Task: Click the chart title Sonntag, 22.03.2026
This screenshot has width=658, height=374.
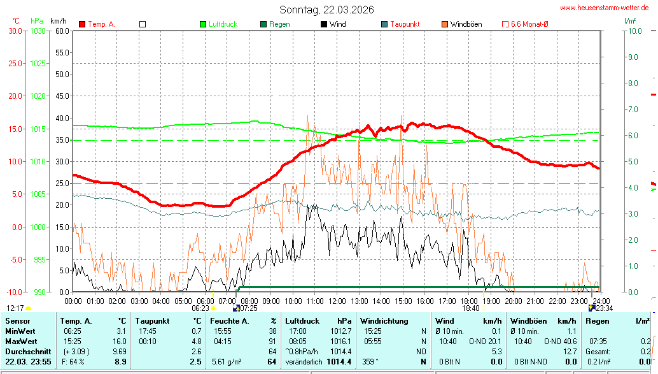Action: [326, 10]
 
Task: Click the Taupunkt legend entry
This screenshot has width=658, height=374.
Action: [404, 24]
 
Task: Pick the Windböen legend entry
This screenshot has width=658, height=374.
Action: [466, 24]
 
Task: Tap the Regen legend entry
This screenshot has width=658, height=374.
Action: [279, 24]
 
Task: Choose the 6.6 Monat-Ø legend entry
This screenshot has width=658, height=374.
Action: [529, 24]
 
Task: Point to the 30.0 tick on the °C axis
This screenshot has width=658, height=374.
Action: [15, 31]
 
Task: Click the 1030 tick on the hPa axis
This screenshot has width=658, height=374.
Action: [38, 31]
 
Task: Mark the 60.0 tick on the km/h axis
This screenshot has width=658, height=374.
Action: [62, 31]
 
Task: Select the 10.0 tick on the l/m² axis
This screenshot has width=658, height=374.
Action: [633, 31]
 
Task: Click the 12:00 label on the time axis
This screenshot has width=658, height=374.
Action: [337, 301]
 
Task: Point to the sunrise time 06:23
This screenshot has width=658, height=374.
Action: [200, 308]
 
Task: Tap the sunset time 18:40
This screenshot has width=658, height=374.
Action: [471, 308]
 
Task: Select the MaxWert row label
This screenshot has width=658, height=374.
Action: [21, 342]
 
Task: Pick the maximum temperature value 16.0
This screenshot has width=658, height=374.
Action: [120, 342]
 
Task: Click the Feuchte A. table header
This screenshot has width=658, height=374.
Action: [230, 321]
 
